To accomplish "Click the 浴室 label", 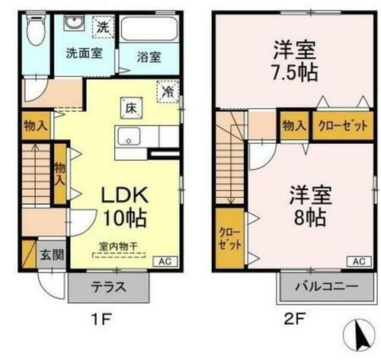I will (149, 56).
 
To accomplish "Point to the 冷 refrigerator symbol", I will (168, 91).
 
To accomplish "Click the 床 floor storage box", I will (128, 109).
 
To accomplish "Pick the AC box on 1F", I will (165, 261).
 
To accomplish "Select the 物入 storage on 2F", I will (295, 126).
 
